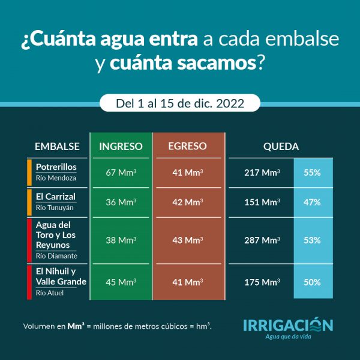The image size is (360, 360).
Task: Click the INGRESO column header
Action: click(x=121, y=146)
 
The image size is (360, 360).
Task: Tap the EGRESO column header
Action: click(x=187, y=146)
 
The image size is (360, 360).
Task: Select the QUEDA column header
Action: click(x=281, y=146)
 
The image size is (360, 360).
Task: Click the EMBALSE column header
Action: click(x=57, y=146)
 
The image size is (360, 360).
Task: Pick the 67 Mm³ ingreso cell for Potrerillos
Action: click(x=121, y=172)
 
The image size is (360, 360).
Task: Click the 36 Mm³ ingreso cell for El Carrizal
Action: click(x=121, y=202)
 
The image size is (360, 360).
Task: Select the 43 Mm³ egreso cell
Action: click(x=187, y=240)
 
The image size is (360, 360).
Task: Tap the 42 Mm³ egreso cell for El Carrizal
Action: click(x=187, y=202)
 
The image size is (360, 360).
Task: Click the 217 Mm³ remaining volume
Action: click(x=262, y=172)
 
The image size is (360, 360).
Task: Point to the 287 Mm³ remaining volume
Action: click(x=262, y=240)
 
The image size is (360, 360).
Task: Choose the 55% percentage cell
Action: click(x=312, y=172)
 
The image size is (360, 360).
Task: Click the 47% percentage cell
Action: click(x=312, y=202)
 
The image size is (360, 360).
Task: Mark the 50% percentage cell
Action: click(x=312, y=282)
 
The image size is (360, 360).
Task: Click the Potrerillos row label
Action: click(x=56, y=167)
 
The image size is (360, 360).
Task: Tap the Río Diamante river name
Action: click(x=56, y=256)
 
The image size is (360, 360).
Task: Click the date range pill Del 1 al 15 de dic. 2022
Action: click(x=180, y=103)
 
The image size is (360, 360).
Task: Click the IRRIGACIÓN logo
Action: click(x=288, y=326)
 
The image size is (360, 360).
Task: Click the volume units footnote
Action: click(x=117, y=326)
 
